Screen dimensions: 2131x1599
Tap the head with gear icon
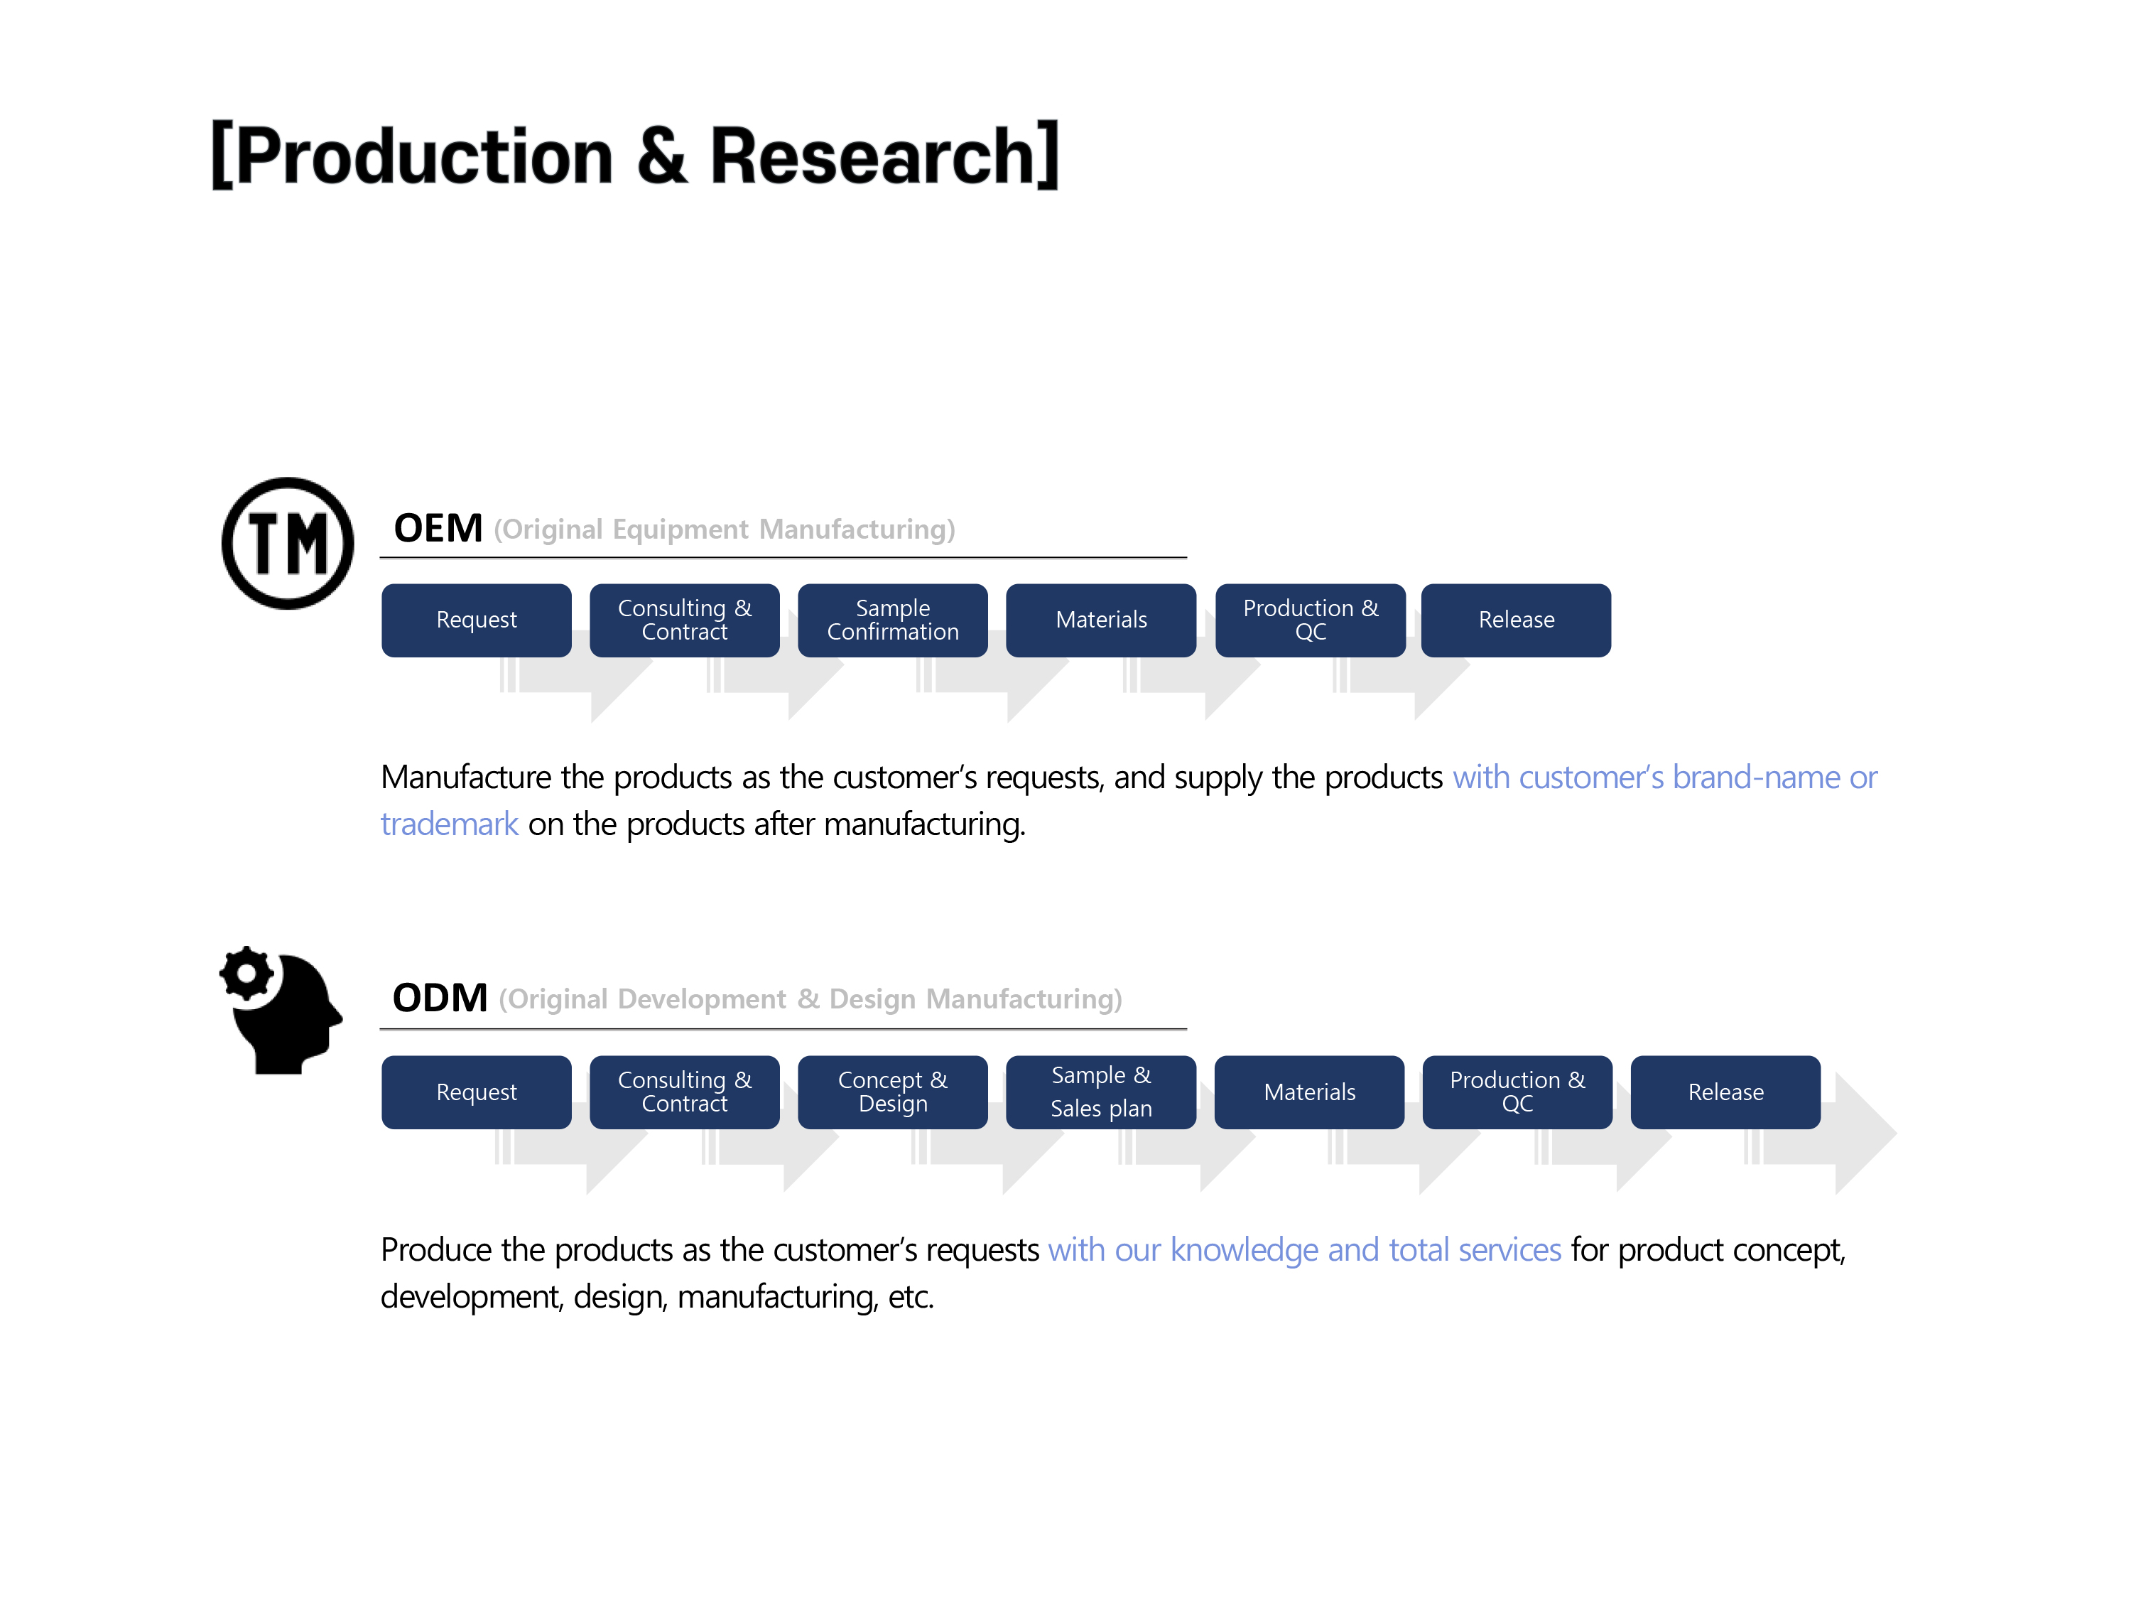[281, 1010]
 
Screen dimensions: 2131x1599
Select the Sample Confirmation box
[892, 620]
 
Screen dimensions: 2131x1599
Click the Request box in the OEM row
[476, 620]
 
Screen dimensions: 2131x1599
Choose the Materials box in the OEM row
[1101, 620]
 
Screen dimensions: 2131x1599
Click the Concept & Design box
[892, 1092]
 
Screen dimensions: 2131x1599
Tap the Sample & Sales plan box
[1101, 1092]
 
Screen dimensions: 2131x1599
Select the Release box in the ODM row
[1725, 1092]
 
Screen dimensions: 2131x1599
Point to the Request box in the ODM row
[476, 1092]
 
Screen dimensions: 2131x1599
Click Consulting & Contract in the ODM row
[684, 1092]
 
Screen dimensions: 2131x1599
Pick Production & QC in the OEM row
[1310, 620]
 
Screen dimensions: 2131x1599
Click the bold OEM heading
[438, 528]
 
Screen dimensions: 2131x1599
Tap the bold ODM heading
[440, 998]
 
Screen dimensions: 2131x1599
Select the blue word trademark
[449, 824]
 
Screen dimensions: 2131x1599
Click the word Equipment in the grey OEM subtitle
[680, 530]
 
